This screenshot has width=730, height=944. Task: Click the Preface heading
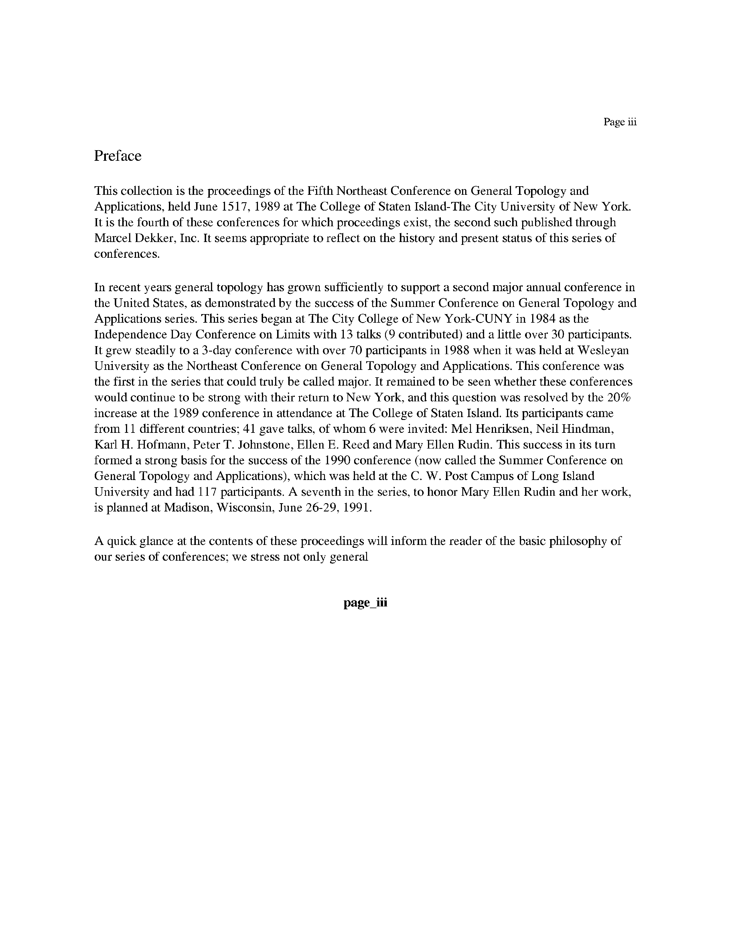[x=118, y=156]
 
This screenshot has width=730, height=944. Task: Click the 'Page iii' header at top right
[x=620, y=122]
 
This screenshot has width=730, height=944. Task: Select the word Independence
[x=130, y=335]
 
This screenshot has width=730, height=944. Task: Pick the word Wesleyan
[x=603, y=350]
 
